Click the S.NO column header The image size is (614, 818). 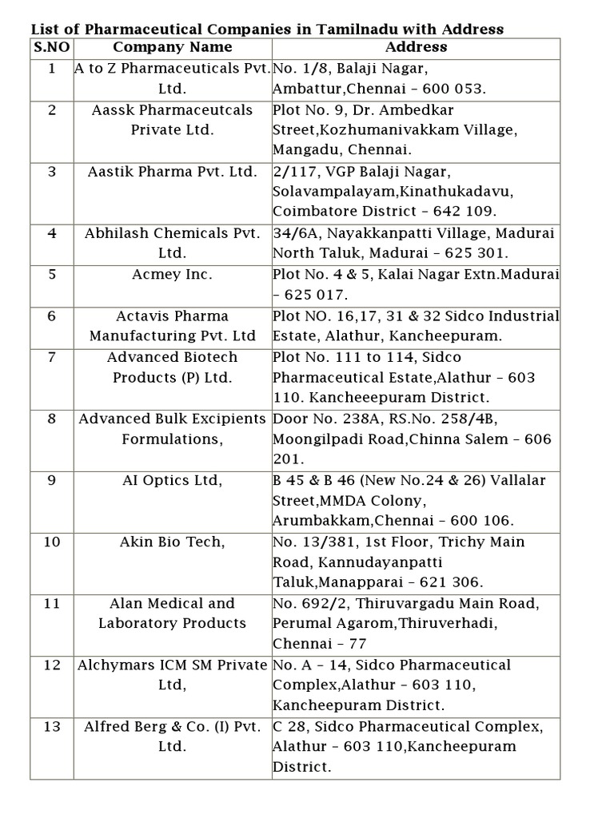52,47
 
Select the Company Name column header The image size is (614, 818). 173,47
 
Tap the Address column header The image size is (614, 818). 416,47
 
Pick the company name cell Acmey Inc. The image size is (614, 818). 173,275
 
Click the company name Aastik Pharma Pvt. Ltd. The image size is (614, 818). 173,172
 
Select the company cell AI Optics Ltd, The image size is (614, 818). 173,480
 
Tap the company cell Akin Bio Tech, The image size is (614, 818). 173,542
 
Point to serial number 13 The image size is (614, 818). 52,726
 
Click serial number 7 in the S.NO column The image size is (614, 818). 52,357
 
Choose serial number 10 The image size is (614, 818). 52,542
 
